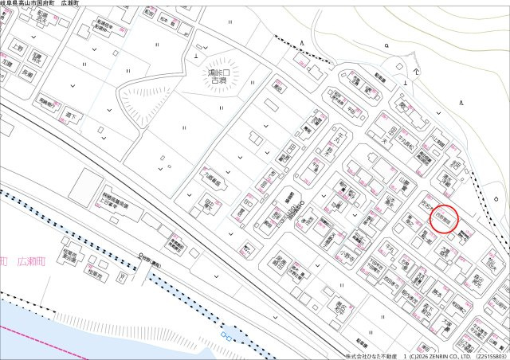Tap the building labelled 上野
pyautogui.click(x=18, y=48)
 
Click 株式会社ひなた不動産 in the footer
pyautogui.click(x=372, y=355)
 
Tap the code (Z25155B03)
pyautogui.click(x=491, y=355)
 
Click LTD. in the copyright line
pyautogui.click(x=466, y=355)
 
